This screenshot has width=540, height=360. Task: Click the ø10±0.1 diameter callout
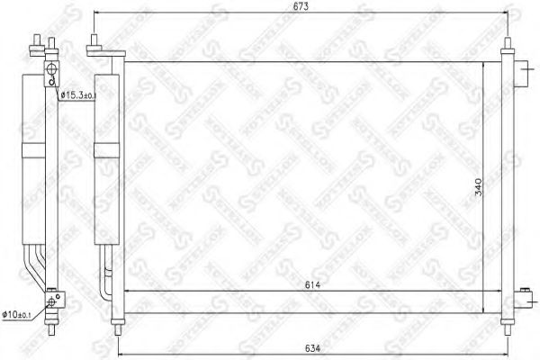25,314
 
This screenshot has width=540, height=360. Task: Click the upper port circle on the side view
51,70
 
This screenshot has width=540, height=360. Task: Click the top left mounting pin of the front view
90,43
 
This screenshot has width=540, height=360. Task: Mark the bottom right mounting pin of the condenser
508,321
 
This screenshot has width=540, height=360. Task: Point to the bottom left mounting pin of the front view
114,321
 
